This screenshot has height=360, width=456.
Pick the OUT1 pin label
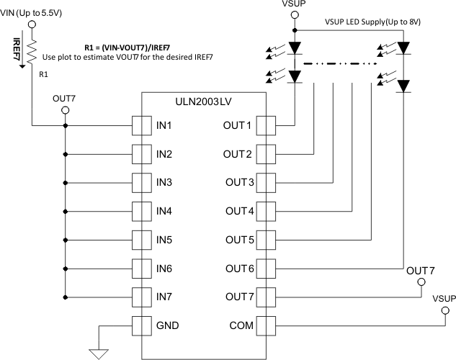[x=238, y=126]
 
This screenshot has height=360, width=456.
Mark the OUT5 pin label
[x=238, y=240]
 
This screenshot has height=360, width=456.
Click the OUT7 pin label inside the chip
[x=238, y=296]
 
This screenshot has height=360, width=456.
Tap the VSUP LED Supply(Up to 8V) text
[x=369, y=22]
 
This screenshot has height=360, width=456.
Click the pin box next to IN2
[x=141, y=154]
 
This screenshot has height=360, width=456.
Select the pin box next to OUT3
[x=267, y=183]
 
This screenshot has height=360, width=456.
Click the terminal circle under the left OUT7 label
[x=66, y=110]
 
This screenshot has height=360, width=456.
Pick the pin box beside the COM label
[x=267, y=325]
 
